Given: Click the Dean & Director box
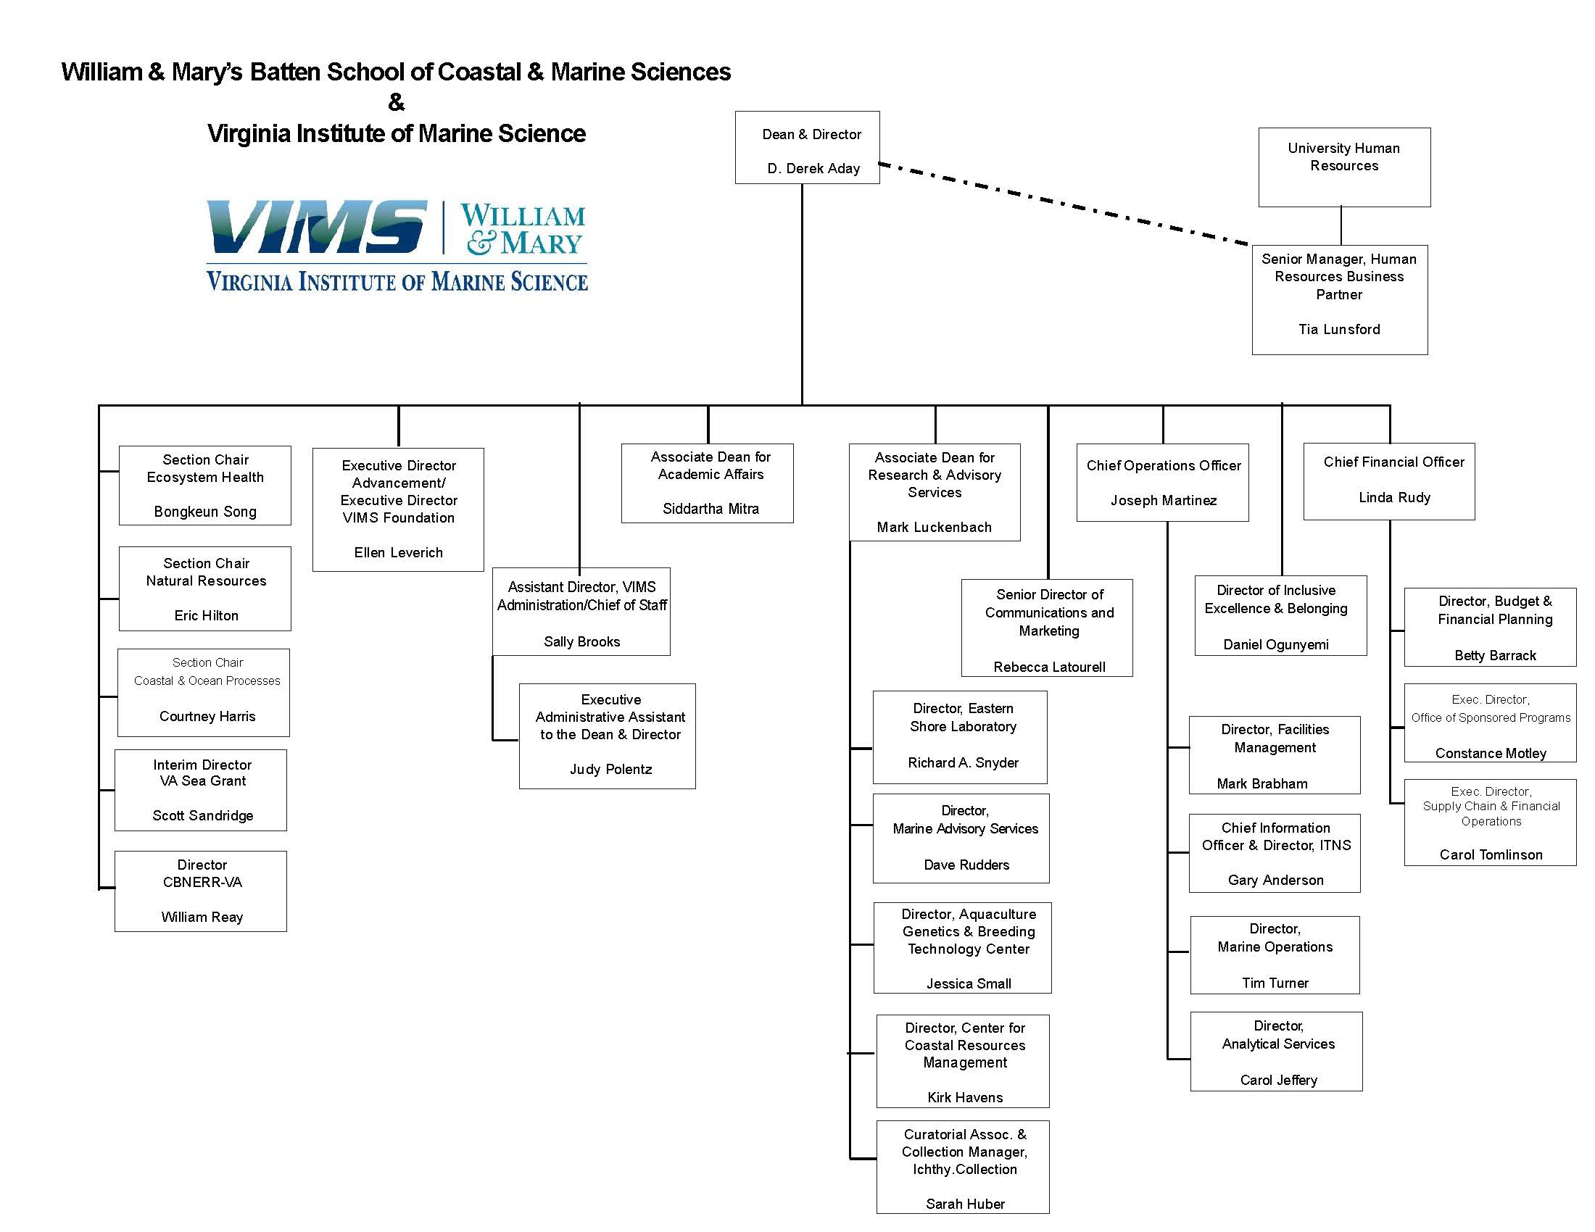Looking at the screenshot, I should (807, 147).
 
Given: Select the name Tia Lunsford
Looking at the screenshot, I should (1338, 329).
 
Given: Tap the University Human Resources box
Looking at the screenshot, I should (1343, 167).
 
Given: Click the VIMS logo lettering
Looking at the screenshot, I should (316, 227).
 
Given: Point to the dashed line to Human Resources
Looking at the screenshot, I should (1063, 204).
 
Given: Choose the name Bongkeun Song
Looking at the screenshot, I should (205, 512).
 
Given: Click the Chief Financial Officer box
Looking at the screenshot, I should (1388, 481).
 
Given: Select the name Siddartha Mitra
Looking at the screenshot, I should (710, 509).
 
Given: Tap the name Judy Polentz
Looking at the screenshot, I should (610, 769).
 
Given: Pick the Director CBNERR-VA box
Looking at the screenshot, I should (201, 891).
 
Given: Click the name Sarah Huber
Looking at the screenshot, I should (965, 1204).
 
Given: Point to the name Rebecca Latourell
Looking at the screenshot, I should (1049, 666).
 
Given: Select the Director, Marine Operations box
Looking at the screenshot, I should (1275, 954).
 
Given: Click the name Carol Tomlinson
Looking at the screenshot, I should (1491, 854).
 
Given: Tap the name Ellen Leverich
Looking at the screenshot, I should (398, 552).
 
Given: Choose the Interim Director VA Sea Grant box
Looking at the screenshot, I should (201, 790).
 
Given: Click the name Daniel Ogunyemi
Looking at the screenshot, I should (1275, 644).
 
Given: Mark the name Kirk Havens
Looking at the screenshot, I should (965, 1097).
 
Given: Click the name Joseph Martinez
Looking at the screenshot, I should (1164, 500).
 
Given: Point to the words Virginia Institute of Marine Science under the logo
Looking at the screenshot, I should (397, 282).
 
